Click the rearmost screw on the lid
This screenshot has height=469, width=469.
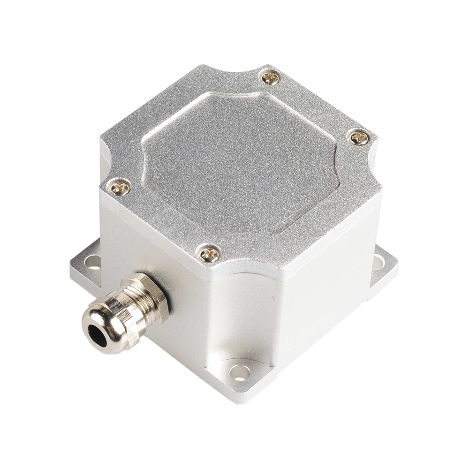click(270, 77)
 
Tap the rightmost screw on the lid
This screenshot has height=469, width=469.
click(359, 137)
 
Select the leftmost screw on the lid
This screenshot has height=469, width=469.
click(118, 188)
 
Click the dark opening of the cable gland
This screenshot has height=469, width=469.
click(98, 334)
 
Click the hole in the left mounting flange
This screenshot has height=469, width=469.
click(92, 262)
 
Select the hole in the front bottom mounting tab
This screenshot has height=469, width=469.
click(240, 372)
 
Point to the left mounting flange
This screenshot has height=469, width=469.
click(87, 267)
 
